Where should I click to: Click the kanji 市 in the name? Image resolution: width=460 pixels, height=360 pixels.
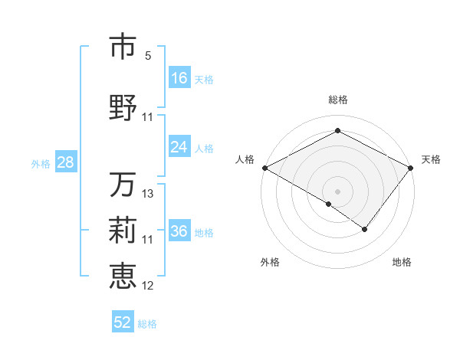(123, 47)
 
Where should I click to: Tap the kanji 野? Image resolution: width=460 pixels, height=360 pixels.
(123, 106)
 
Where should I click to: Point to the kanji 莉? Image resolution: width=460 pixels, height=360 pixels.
(123, 231)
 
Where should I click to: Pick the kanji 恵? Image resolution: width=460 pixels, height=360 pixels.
(123, 276)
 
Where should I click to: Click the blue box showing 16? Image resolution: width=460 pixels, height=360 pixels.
(179, 78)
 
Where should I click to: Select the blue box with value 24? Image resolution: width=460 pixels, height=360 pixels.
(179, 147)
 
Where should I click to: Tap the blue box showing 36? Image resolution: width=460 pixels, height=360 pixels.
(179, 231)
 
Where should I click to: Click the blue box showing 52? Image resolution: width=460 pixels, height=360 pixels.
(123, 322)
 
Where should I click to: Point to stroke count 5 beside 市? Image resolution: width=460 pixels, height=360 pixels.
(148, 56)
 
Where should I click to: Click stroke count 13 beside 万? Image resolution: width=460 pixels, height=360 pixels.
(148, 194)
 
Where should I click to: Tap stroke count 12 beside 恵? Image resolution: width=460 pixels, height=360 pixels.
(148, 285)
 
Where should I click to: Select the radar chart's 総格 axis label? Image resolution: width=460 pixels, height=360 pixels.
(338, 100)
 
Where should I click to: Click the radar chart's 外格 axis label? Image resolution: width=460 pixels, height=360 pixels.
(270, 262)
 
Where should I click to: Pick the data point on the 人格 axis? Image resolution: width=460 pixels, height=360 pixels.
(264, 168)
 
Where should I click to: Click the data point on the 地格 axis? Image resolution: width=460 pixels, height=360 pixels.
(365, 229)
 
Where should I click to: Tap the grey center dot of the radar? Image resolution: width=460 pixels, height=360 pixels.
(338, 191)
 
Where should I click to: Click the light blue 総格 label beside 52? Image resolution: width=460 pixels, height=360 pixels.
(147, 324)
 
